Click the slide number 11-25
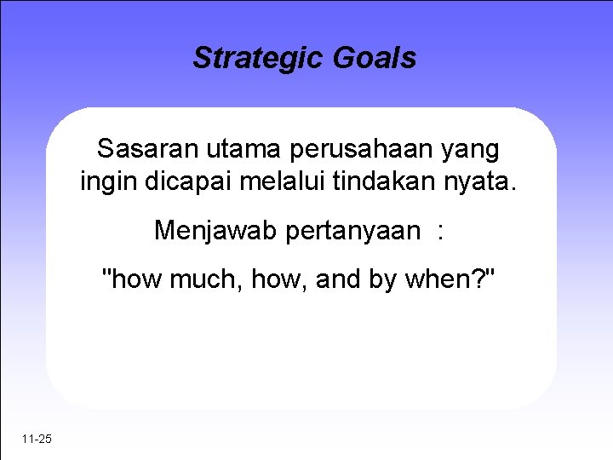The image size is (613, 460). [37, 440]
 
